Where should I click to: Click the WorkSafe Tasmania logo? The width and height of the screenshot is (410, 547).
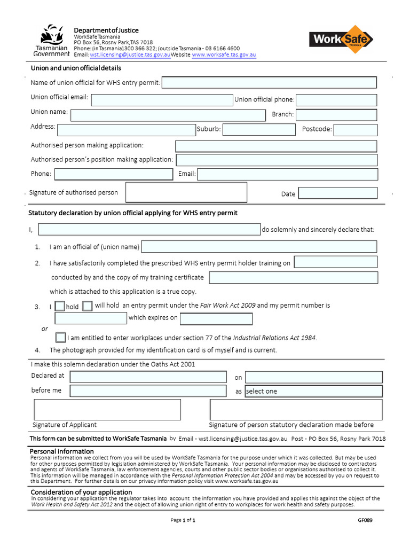(x=341, y=40)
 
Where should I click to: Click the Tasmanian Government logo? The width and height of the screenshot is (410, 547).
(x=51, y=40)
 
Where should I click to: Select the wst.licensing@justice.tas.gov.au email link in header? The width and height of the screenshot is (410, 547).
(x=130, y=55)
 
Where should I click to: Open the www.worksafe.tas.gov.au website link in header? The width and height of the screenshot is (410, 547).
(x=224, y=55)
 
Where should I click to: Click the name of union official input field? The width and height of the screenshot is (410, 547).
(x=269, y=82)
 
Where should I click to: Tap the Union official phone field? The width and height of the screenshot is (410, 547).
(x=336, y=100)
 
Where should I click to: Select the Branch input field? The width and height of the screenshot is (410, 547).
(x=336, y=115)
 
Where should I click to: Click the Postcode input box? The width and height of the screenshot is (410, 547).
(x=355, y=130)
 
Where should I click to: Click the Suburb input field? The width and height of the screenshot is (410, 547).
(x=258, y=130)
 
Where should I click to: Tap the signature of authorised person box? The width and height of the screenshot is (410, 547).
(x=186, y=192)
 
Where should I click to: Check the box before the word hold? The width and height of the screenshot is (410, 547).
(x=60, y=307)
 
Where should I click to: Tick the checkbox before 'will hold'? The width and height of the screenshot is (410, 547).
(x=88, y=306)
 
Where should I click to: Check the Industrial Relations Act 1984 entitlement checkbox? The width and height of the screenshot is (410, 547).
(x=61, y=338)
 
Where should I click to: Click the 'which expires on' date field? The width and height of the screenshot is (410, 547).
(x=216, y=319)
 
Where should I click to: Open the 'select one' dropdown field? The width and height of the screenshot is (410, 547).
(x=313, y=392)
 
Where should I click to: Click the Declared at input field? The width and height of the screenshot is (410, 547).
(x=148, y=377)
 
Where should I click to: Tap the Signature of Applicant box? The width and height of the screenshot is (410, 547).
(x=107, y=409)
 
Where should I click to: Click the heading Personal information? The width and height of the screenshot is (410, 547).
(x=62, y=451)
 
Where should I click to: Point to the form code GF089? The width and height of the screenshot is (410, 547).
(x=365, y=520)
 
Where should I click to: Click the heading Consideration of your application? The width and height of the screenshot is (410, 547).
(x=81, y=492)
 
